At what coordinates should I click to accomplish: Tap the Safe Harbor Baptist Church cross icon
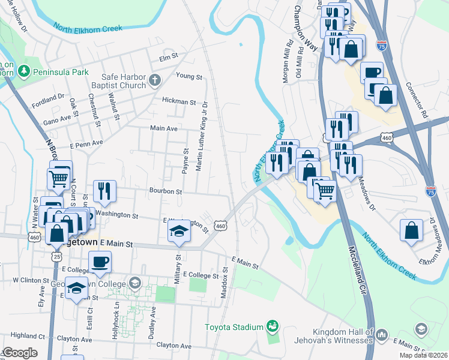pos(154,80)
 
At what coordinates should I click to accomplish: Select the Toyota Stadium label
pos(235,327)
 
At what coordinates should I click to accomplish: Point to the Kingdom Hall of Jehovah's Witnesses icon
pos(382,334)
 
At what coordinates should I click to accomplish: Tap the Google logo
pos(19,353)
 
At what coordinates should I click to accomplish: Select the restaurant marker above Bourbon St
pos(105,191)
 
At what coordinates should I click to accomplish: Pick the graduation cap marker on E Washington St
pos(178,231)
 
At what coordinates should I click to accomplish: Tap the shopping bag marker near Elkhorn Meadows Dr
pos(411,230)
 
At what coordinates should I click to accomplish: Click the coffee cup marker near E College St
pos(100,261)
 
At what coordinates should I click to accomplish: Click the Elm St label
pos(169,57)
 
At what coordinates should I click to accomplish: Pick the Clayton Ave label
pos(173,346)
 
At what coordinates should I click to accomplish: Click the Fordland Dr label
pos(48,100)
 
